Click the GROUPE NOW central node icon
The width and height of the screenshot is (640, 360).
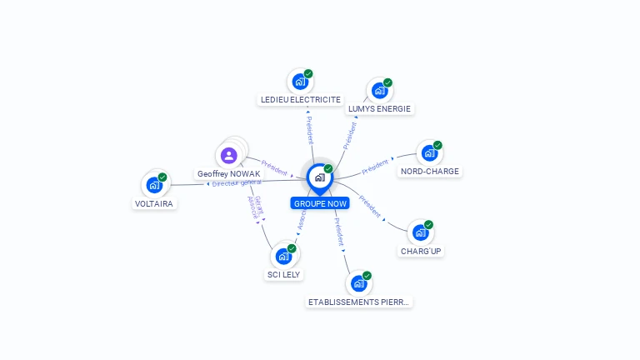(x=319, y=177)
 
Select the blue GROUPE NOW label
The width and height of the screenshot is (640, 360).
(x=320, y=203)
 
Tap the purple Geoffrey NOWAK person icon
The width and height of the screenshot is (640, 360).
(x=229, y=155)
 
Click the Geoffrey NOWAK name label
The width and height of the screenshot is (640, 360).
(x=228, y=174)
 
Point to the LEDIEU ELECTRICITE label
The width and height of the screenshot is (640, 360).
(x=301, y=99)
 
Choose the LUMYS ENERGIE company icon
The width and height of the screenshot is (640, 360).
(x=379, y=91)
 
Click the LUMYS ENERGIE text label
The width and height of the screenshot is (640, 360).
(x=379, y=108)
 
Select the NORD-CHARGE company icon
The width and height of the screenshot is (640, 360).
(x=428, y=153)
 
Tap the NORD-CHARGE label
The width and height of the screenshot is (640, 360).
(x=429, y=172)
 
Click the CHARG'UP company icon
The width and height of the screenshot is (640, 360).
(x=420, y=232)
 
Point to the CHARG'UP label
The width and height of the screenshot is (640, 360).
(x=421, y=251)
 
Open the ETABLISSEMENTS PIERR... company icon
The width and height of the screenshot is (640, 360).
(x=358, y=283)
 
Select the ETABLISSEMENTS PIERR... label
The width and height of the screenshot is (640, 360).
(x=359, y=302)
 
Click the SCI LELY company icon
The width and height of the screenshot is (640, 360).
(x=283, y=257)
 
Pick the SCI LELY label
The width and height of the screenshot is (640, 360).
(x=284, y=274)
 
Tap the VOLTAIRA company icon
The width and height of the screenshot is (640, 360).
(x=154, y=185)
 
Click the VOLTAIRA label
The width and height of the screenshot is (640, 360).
(x=156, y=203)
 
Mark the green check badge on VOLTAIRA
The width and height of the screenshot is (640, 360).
(x=162, y=177)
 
